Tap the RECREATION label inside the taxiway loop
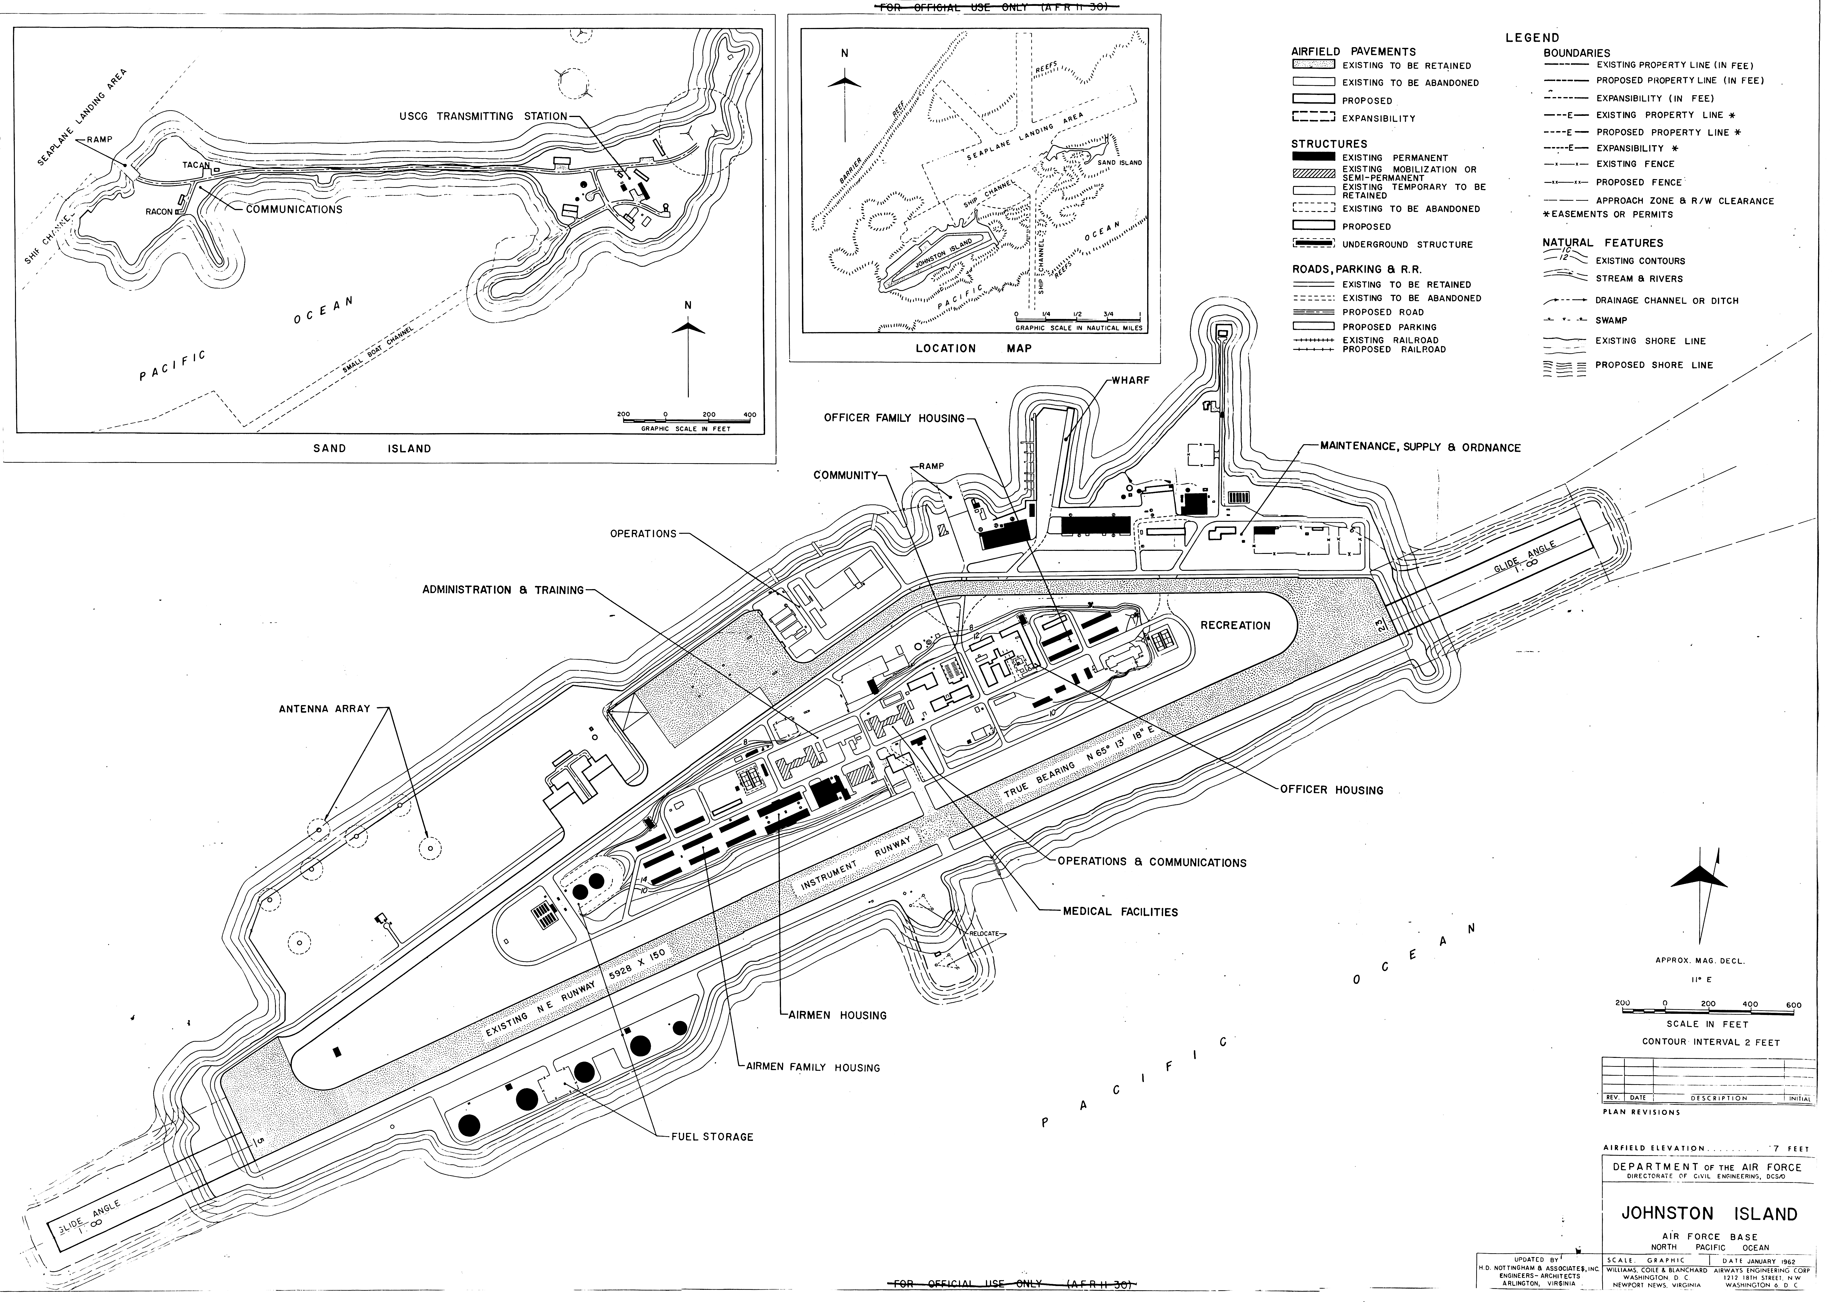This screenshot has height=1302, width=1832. [x=1235, y=625]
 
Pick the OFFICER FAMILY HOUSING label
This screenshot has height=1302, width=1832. [x=893, y=419]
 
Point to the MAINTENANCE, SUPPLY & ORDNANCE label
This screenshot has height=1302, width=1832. [x=1420, y=447]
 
